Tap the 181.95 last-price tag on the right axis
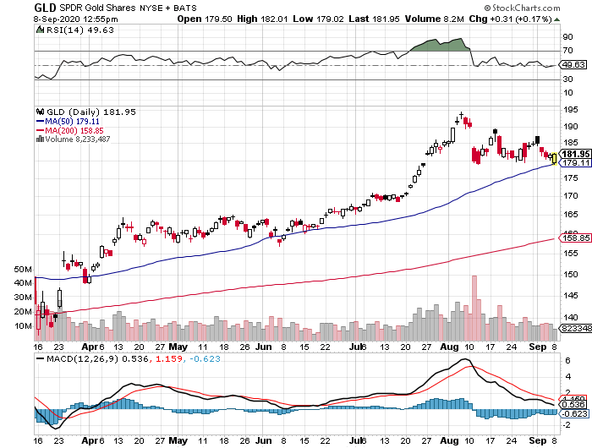pos(571,154)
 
